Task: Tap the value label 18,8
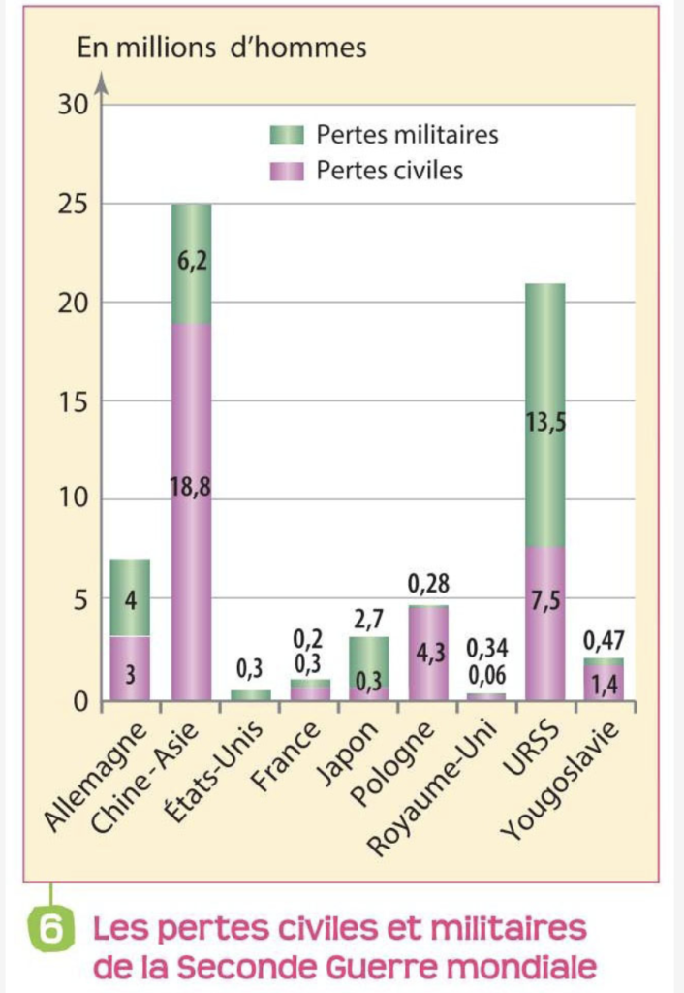pos(191,487)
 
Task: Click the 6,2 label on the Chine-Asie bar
pos(191,261)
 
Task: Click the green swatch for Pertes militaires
pos(287,135)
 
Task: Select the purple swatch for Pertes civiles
pos(287,172)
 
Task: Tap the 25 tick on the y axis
pos(73,205)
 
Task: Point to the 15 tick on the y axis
pos(73,402)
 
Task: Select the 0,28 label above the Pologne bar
pos(428,585)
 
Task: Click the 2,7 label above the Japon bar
pos(367,615)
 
